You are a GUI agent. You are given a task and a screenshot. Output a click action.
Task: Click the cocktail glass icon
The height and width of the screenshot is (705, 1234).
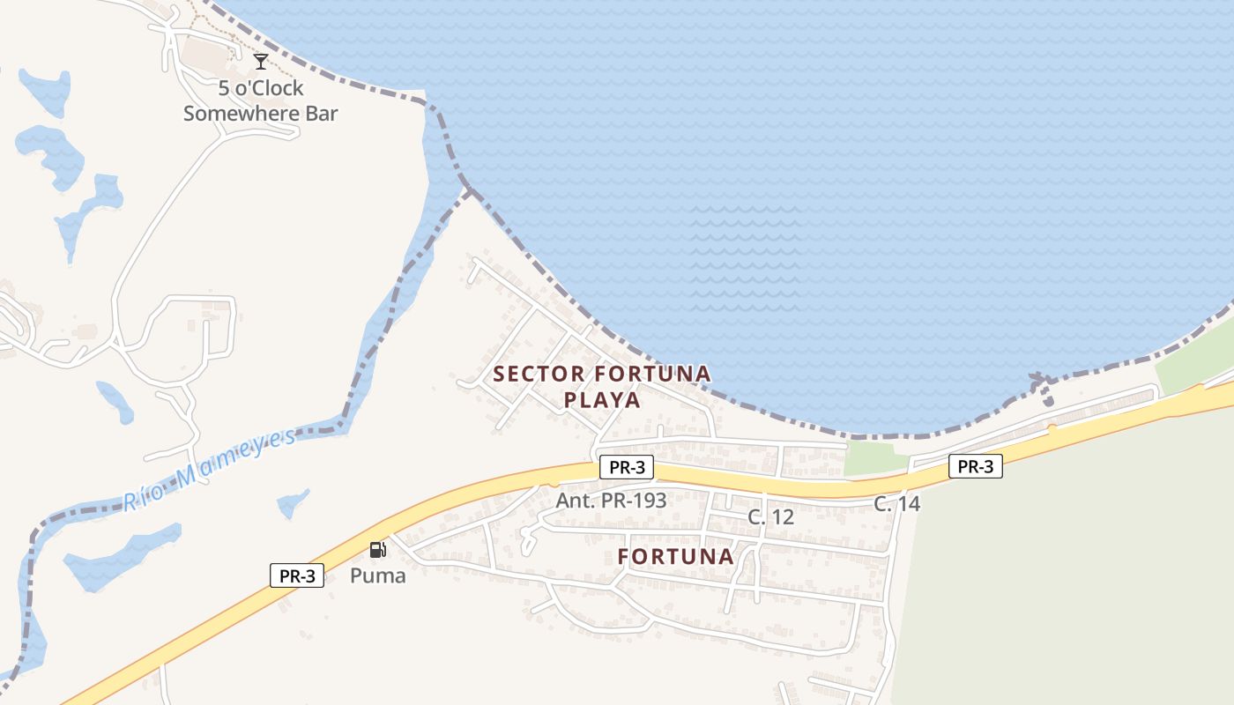click(261, 62)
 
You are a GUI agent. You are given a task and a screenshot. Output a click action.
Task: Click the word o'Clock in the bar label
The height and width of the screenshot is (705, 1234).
click(271, 88)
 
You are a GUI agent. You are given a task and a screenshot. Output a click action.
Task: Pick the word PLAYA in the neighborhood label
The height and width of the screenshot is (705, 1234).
click(602, 400)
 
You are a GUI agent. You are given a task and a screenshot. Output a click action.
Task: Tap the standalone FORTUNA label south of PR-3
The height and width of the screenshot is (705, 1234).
click(676, 557)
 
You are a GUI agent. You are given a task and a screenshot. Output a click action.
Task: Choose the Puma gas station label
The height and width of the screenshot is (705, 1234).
click(378, 576)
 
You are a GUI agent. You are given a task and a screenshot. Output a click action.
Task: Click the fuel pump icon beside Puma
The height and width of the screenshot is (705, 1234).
click(377, 551)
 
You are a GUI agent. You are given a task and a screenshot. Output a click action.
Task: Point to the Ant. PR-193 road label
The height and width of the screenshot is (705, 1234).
click(611, 500)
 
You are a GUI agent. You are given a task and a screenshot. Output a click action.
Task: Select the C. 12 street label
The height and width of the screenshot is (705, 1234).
click(771, 517)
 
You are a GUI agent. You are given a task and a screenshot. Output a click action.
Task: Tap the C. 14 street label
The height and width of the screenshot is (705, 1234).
click(897, 504)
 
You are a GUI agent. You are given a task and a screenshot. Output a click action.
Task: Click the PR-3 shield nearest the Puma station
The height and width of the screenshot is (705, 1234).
click(297, 576)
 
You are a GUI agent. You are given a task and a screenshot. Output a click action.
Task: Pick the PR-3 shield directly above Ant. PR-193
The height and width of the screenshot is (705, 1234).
click(626, 468)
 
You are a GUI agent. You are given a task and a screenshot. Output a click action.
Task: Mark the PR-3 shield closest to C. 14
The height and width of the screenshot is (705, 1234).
click(975, 466)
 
